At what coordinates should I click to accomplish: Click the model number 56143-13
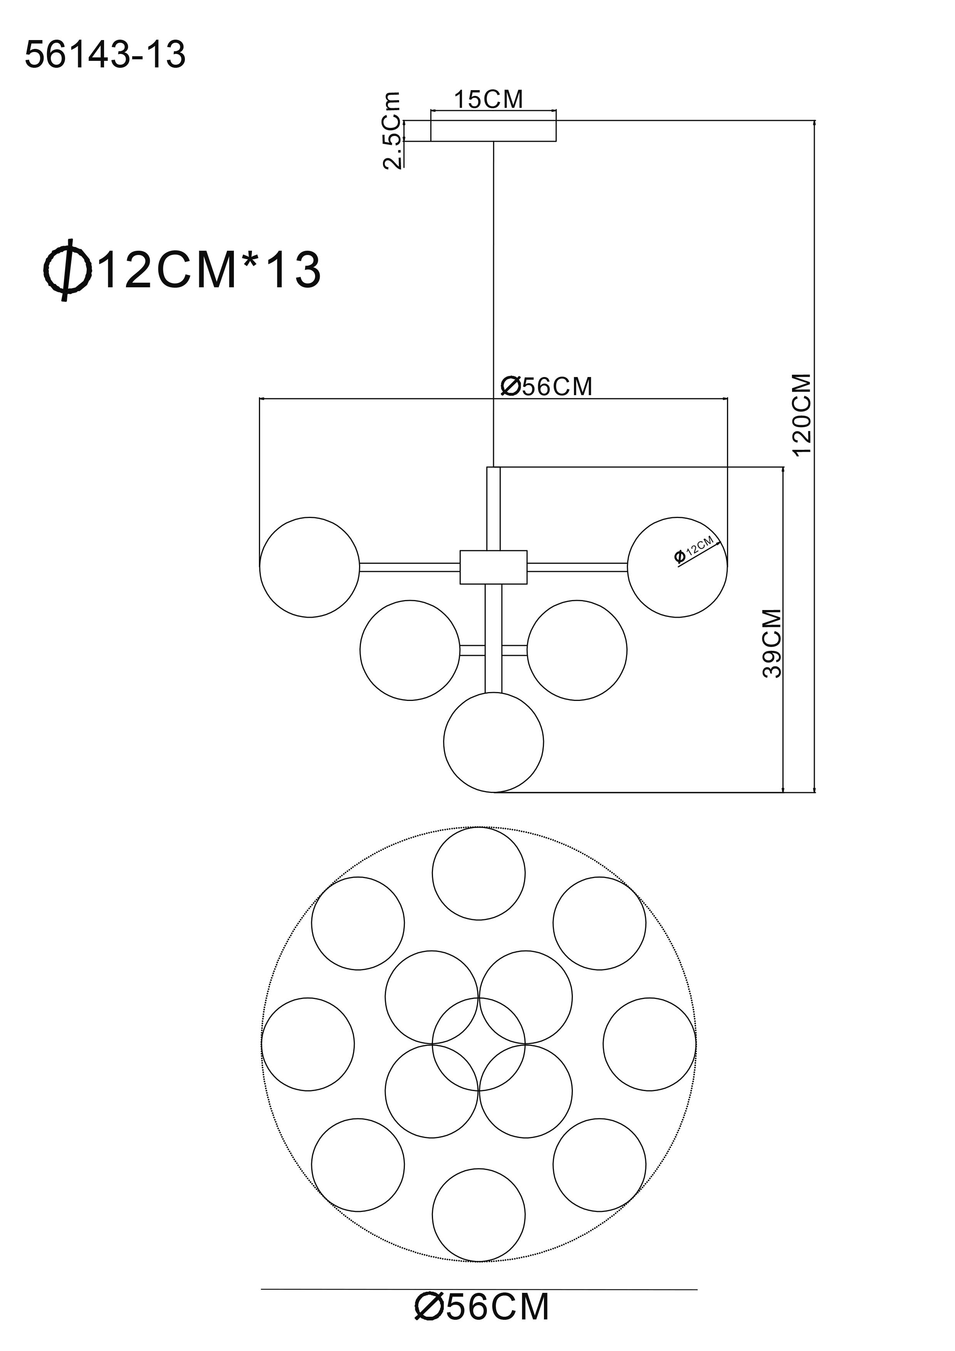(x=105, y=55)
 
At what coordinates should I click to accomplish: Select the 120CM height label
(x=801, y=415)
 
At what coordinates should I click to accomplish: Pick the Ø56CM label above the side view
(x=546, y=387)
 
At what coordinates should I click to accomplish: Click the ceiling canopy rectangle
(x=493, y=131)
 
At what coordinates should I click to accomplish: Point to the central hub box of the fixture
(x=493, y=567)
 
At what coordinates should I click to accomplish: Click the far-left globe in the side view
(x=260, y=567)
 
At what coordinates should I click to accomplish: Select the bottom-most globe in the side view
(x=444, y=742)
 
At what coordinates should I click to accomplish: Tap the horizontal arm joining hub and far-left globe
(x=410, y=567)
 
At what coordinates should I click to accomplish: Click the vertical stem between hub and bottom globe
(x=493, y=639)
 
